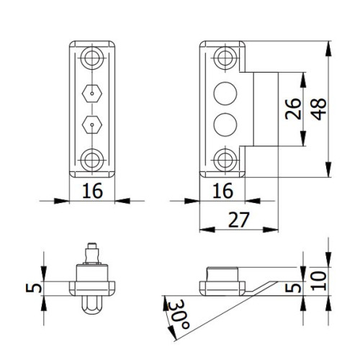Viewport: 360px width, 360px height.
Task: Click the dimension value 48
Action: click(x=320, y=109)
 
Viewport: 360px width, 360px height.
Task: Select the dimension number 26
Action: click(x=293, y=109)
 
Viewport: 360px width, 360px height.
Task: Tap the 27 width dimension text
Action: click(x=239, y=220)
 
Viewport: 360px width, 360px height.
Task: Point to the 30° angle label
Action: click(x=179, y=315)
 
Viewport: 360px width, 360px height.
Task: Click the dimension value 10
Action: click(x=319, y=281)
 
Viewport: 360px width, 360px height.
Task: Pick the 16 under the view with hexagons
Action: click(x=92, y=191)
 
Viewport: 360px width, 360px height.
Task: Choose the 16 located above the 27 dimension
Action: click(x=222, y=191)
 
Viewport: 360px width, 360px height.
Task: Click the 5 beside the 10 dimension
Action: click(x=293, y=288)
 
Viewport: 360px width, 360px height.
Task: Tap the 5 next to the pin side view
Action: click(x=34, y=288)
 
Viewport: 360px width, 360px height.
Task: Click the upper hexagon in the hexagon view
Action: click(x=92, y=93)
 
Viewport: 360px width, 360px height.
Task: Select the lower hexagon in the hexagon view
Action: click(x=92, y=125)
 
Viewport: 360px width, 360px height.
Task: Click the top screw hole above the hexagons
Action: click(x=92, y=58)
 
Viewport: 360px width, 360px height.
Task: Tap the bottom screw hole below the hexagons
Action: click(x=92, y=160)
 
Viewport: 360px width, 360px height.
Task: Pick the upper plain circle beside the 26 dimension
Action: click(x=225, y=94)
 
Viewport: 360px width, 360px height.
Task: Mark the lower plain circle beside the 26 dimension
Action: click(x=225, y=125)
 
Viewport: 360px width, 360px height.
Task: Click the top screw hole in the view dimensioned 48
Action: click(x=225, y=58)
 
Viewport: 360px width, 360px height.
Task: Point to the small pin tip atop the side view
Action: click(x=92, y=246)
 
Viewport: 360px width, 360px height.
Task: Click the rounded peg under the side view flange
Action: click(x=92, y=305)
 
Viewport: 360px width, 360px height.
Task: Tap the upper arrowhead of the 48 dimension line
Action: click(x=328, y=49)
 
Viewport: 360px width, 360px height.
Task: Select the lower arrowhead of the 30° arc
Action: click(x=173, y=333)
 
